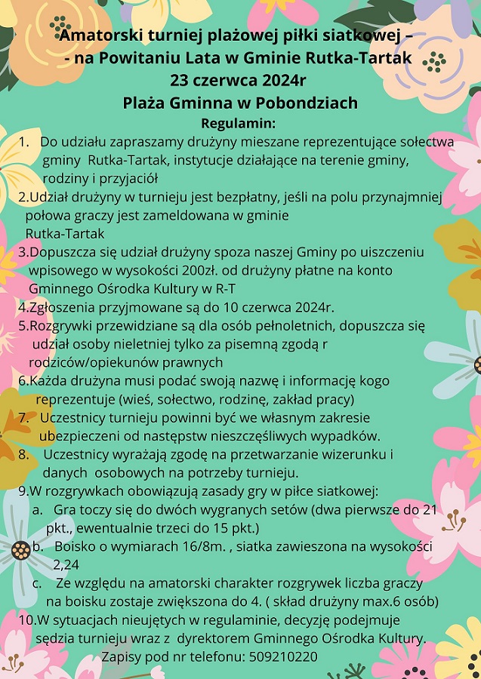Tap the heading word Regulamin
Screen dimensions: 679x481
click(x=239, y=123)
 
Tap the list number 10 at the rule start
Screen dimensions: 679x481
click(x=26, y=620)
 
